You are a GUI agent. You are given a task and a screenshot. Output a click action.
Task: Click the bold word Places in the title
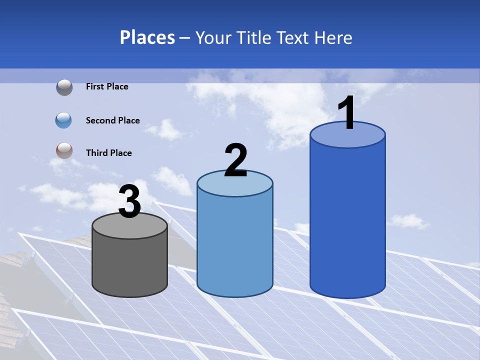tap(147, 37)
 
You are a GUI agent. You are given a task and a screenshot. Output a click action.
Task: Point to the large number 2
tap(235, 160)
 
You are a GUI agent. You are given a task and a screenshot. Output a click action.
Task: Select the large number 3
tap(129, 202)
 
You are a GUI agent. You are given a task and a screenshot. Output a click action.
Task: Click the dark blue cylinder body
tap(347, 220)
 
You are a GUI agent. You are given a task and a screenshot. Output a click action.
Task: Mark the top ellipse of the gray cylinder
tap(129, 226)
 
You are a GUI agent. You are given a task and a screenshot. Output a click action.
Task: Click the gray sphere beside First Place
tap(64, 87)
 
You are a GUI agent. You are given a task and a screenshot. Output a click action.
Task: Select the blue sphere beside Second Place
tap(64, 120)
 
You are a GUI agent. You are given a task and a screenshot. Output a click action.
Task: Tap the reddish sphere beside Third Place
tap(64, 151)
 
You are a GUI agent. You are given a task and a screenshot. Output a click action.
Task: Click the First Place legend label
tap(107, 86)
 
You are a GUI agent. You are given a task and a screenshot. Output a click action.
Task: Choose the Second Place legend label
tap(112, 120)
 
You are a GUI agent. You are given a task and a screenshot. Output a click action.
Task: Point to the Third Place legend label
tap(108, 153)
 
